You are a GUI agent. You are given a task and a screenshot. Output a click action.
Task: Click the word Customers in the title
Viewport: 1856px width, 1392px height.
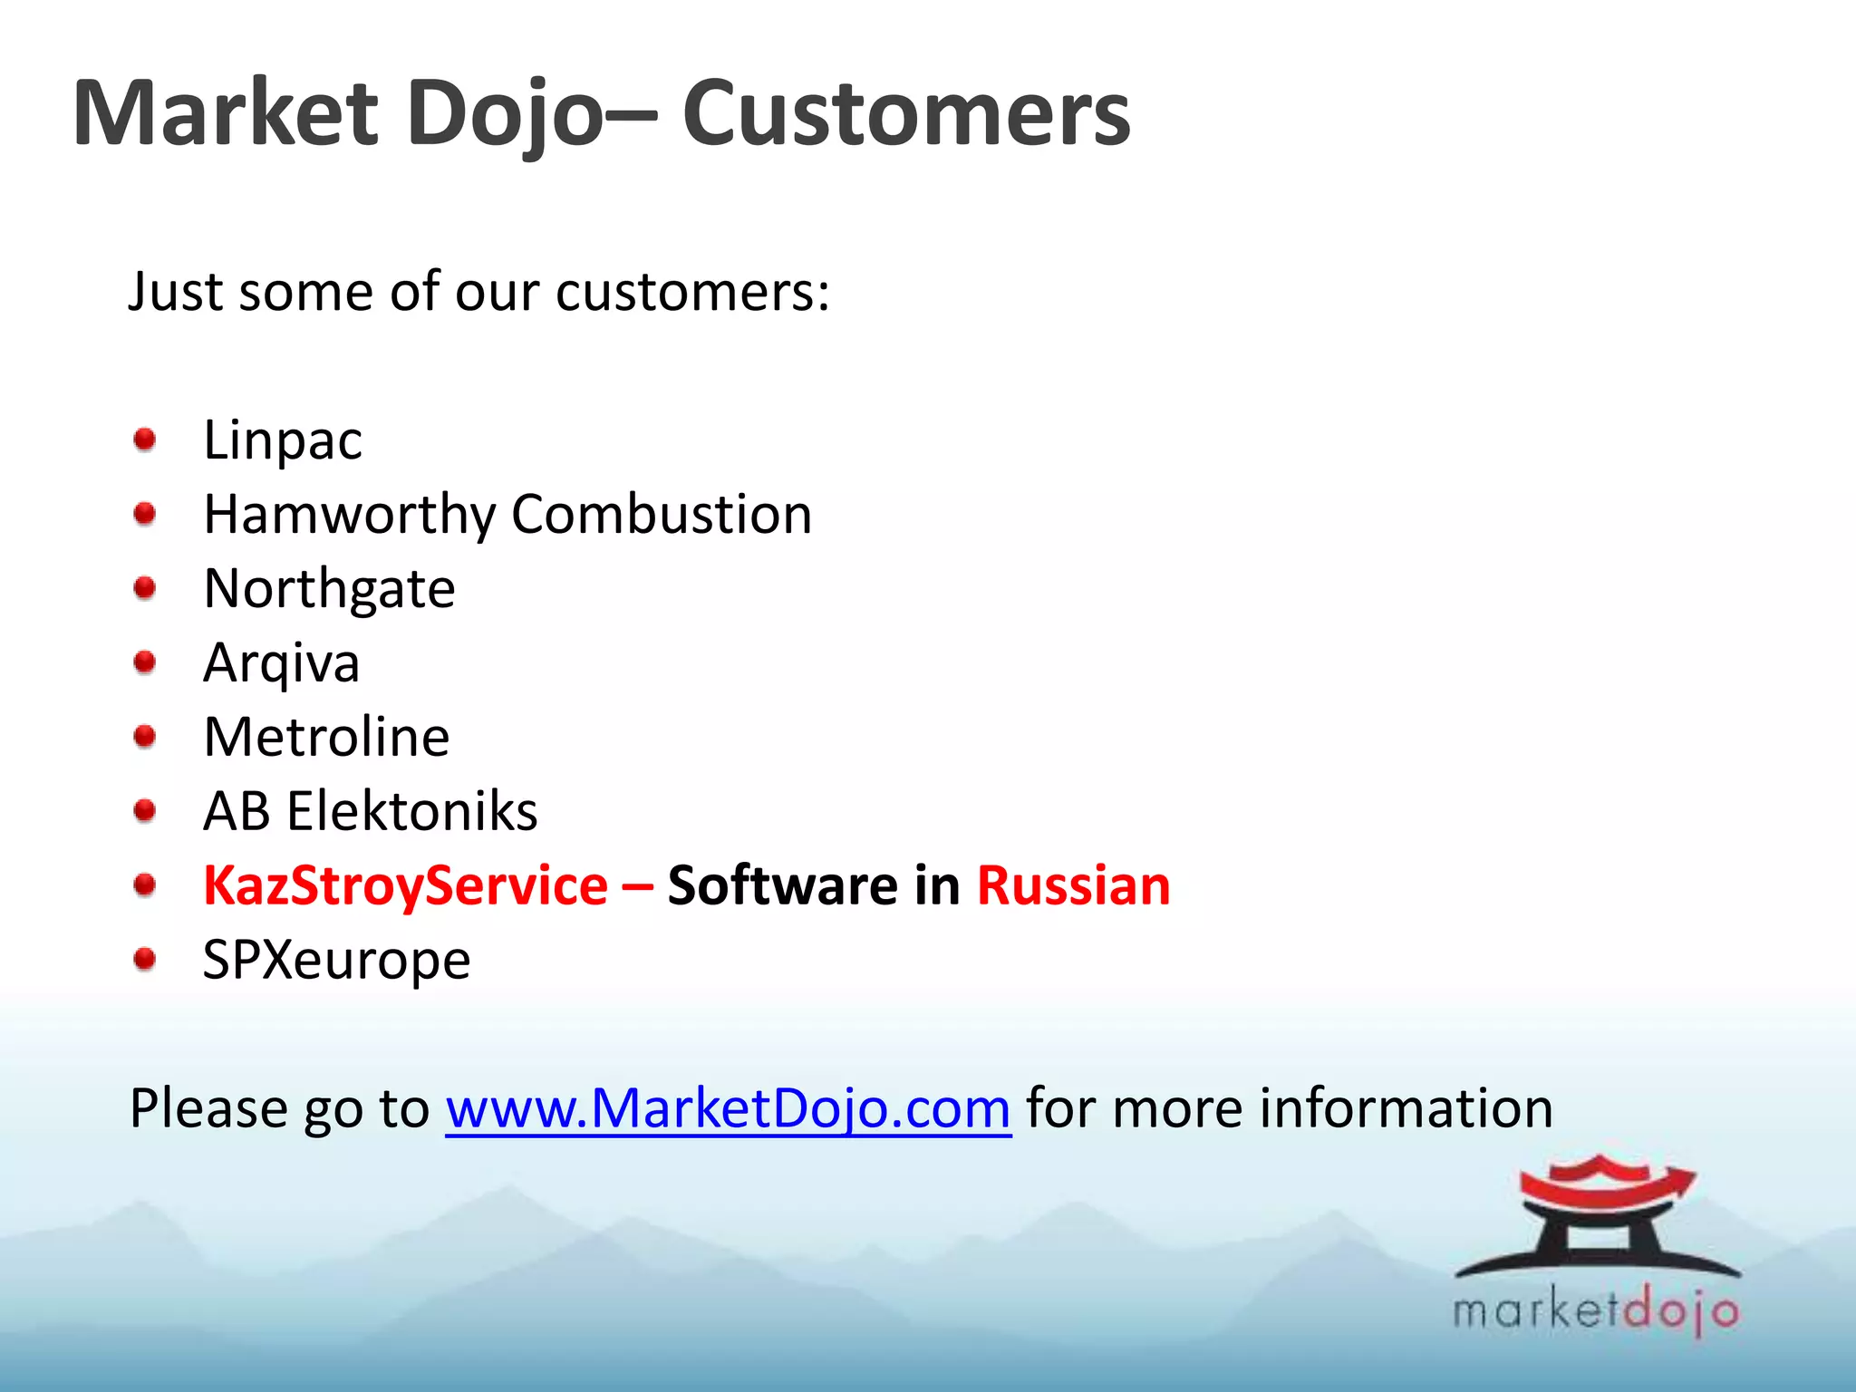point(905,113)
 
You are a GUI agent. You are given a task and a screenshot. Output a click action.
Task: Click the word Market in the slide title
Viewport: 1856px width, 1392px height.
point(225,113)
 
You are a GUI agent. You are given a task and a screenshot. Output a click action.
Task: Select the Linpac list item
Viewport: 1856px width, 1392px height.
point(283,440)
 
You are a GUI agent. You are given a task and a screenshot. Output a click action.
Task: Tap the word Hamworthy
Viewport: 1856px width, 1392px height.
point(349,515)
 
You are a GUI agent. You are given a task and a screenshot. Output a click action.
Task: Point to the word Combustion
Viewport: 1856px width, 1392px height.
point(662,515)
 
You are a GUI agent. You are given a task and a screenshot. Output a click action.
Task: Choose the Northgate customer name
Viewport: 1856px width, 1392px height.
point(329,589)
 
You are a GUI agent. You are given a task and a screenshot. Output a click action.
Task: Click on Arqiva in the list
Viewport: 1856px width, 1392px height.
point(282,663)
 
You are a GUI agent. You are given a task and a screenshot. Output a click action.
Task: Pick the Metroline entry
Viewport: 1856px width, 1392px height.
point(326,737)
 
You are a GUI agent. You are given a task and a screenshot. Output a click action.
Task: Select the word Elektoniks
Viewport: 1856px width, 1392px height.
point(412,811)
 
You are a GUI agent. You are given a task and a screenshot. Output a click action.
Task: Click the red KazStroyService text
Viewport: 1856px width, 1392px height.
point(405,885)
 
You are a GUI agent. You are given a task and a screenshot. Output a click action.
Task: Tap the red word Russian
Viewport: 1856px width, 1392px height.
point(1073,885)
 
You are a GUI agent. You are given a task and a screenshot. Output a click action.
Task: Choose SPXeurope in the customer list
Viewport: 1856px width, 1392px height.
point(336,960)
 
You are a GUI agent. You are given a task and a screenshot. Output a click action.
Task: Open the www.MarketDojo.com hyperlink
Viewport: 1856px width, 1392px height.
point(728,1108)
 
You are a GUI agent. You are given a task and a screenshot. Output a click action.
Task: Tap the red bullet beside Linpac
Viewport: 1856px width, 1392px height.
point(145,440)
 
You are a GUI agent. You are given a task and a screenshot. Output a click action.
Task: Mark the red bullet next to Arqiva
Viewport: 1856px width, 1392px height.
point(145,663)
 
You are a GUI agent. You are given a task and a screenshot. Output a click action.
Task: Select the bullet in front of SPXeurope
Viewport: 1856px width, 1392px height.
point(145,959)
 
